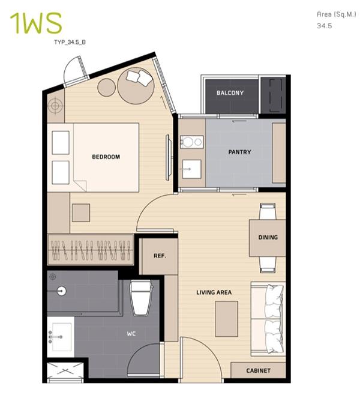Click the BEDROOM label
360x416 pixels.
[x=106, y=157]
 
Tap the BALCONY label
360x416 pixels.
[x=230, y=93]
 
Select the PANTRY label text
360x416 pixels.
[x=239, y=152]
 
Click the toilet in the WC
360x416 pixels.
[x=142, y=298]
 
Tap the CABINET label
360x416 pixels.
[x=258, y=370]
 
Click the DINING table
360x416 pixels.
[x=267, y=238]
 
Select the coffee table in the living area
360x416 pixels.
[x=226, y=319]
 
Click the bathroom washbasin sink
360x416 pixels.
[x=62, y=337]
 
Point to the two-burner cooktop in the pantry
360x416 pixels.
[x=191, y=142]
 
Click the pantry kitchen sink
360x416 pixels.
[x=191, y=169]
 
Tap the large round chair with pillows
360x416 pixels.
[x=136, y=86]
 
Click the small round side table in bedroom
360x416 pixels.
[x=107, y=87]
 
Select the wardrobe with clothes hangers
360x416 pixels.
[x=91, y=249]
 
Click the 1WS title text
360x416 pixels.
[x=36, y=23]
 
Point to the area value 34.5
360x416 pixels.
[x=324, y=26]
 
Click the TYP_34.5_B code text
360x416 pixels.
[x=70, y=42]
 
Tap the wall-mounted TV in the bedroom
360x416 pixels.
[x=167, y=158]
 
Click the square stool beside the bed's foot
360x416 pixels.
[x=81, y=213]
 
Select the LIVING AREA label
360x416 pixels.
[x=214, y=292]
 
